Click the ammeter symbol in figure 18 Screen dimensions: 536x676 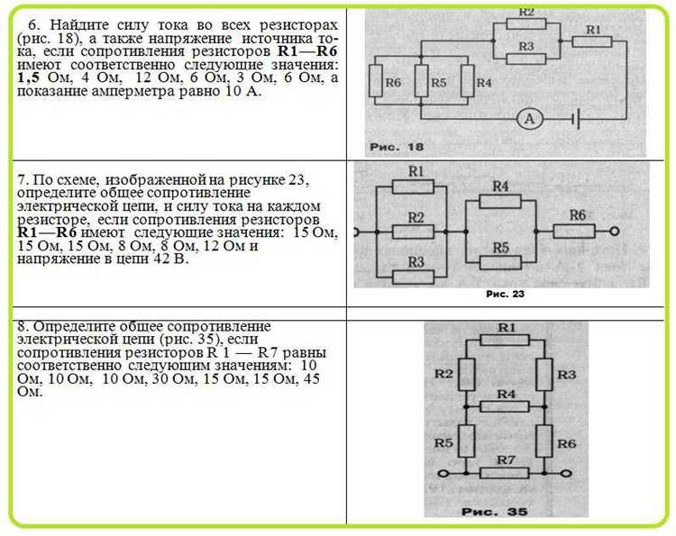click(x=531, y=119)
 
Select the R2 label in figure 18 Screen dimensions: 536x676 click(x=526, y=13)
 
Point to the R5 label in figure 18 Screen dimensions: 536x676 click(x=438, y=82)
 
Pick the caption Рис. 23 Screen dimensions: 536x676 click(x=505, y=294)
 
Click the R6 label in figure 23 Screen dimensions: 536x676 click(x=578, y=214)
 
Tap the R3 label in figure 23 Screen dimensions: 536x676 click(x=416, y=261)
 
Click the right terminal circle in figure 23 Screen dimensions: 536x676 click(x=616, y=232)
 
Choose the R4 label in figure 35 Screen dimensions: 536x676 click(x=506, y=394)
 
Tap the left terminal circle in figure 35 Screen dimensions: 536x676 click(x=443, y=474)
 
